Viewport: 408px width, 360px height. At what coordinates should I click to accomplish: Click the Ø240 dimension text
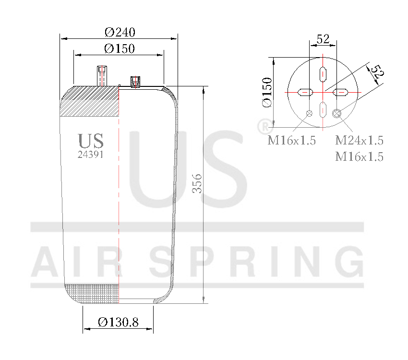(120, 33)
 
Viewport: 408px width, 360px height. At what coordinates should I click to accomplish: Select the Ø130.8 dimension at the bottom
(118, 323)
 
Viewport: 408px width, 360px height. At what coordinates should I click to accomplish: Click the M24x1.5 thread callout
(359, 141)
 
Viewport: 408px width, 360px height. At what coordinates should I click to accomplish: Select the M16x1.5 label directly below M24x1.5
(359, 156)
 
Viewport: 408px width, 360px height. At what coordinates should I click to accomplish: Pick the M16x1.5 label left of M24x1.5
(291, 141)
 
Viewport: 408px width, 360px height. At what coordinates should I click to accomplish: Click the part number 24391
(91, 155)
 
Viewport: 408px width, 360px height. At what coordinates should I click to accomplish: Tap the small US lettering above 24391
(91, 141)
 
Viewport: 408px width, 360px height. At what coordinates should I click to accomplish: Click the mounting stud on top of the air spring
(101, 76)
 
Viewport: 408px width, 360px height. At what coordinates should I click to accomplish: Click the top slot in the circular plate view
(323, 74)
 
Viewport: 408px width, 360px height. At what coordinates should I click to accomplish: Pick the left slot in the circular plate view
(305, 92)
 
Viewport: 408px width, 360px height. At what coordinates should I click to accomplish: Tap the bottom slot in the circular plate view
(323, 109)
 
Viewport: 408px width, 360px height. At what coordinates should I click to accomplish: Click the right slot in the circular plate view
(341, 92)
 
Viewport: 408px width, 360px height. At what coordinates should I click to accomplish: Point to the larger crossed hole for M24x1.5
(337, 113)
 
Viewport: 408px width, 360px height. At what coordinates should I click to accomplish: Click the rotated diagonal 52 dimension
(377, 72)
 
